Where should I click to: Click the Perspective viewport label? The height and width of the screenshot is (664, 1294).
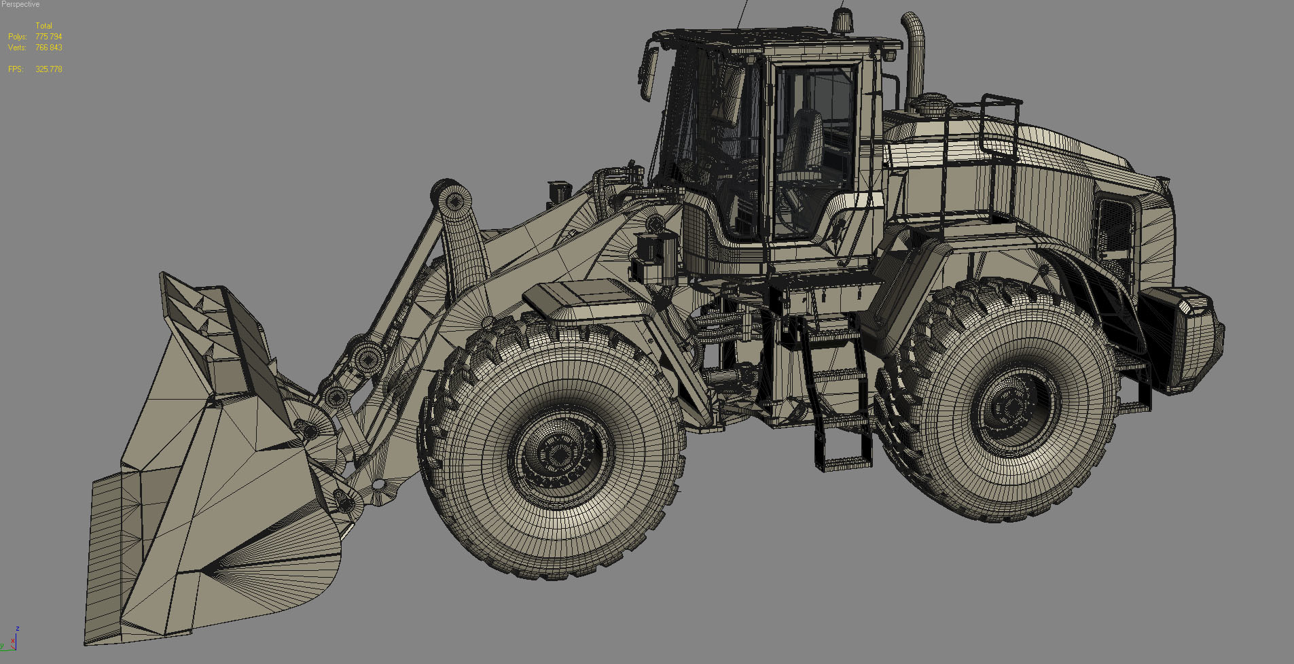click(20, 5)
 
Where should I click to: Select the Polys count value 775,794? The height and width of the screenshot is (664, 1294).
click(48, 37)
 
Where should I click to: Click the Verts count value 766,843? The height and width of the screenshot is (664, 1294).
click(48, 48)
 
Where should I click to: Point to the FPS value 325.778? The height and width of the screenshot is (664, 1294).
click(48, 69)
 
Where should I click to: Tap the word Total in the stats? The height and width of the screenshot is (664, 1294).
click(43, 26)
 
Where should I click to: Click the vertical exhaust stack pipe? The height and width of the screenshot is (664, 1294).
click(915, 61)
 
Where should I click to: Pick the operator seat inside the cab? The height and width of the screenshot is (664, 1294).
click(803, 146)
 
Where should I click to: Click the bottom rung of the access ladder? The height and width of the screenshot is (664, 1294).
click(844, 464)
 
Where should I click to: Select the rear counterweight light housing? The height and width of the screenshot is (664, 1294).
click(1182, 340)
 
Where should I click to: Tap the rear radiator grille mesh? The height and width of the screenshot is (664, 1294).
click(1114, 224)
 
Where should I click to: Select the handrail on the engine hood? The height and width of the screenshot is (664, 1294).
click(999, 136)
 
